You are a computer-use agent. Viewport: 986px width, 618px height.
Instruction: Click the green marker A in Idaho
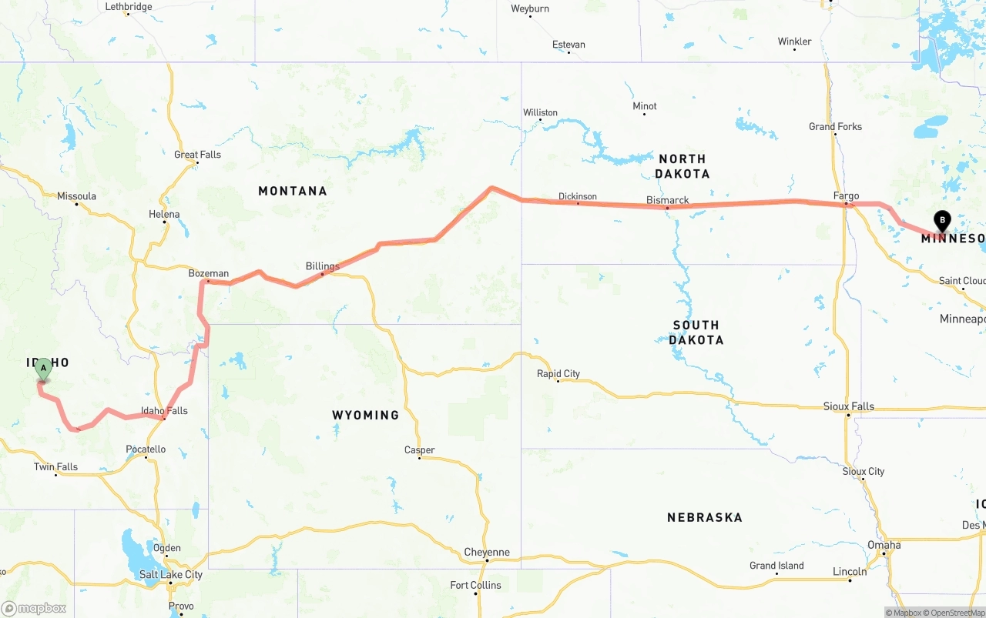click(43, 369)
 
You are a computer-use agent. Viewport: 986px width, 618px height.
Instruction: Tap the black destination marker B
click(941, 221)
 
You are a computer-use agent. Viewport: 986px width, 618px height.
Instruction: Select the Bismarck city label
click(668, 200)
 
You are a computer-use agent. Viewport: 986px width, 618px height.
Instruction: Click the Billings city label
click(322, 266)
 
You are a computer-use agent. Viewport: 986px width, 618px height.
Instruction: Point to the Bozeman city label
click(209, 273)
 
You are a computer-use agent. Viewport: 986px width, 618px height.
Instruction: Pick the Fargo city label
click(846, 196)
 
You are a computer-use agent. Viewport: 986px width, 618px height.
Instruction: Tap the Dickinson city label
click(578, 196)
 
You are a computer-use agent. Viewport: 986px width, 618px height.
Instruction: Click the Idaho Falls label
click(164, 411)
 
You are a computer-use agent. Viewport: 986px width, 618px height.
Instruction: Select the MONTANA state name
click(293, 191)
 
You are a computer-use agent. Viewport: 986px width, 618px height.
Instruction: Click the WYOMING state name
click(366, 415)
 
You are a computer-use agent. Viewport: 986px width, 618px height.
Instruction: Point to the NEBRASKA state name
click(705, 518)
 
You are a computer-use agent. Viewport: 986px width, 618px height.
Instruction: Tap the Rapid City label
click(558, 374)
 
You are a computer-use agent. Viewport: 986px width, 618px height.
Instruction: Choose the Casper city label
click(420, 450)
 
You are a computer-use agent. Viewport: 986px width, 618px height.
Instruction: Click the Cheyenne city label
click(487, 553)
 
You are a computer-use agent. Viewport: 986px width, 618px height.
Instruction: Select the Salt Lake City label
click(171, 575)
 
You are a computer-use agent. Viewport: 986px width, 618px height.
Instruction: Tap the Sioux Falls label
click(849, 406)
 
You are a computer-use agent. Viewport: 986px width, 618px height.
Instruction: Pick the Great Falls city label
click(197, 155)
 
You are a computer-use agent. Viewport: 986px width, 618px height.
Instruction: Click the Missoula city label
click(77, 196)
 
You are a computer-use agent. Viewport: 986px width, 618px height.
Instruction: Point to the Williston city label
click(540, 112)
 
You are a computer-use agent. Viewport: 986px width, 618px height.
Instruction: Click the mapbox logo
click(34, 609)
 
